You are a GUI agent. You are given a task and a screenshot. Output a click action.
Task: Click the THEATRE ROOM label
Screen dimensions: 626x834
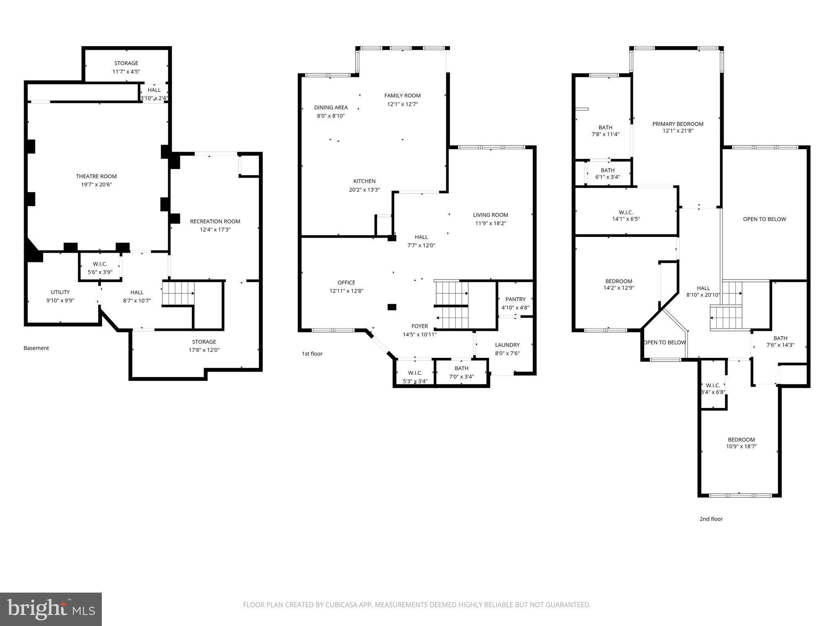tap(96, 176)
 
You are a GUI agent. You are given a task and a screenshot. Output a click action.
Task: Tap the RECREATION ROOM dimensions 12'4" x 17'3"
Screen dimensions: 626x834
tap(215, 230)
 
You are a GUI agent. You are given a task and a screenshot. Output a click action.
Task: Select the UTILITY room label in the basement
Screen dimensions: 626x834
tap(60, 292)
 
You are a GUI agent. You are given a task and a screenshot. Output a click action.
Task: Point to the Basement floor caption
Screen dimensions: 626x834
tap(36, 348)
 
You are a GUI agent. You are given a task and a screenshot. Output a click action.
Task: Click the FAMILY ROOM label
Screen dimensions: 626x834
tap(402, 96)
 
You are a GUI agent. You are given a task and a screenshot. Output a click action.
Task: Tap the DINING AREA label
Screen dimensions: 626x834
tap(331, 108)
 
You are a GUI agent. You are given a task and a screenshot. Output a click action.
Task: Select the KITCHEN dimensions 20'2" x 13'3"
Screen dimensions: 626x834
tap(364, 190)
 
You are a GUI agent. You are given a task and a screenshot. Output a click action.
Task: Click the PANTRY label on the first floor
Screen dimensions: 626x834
tap(515, 299)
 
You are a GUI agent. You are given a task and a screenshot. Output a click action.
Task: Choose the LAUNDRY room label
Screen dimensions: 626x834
tap(507, 345)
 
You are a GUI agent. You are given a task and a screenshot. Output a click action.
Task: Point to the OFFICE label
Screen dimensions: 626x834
tap(346, 282)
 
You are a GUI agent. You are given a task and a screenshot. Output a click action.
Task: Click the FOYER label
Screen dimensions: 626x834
tap(419, 326)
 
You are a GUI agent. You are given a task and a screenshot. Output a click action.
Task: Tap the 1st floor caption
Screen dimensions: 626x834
tap(312, 354)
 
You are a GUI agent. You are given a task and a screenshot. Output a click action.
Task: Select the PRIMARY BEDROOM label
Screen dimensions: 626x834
tap(678, 124)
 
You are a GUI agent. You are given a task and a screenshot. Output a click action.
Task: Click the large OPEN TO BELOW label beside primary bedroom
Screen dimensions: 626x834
tap(764, 219)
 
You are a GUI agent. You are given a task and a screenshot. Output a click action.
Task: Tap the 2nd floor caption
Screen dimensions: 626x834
tap(711, 519)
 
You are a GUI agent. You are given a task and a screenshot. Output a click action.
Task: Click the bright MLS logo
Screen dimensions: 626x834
tap(51, 609)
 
